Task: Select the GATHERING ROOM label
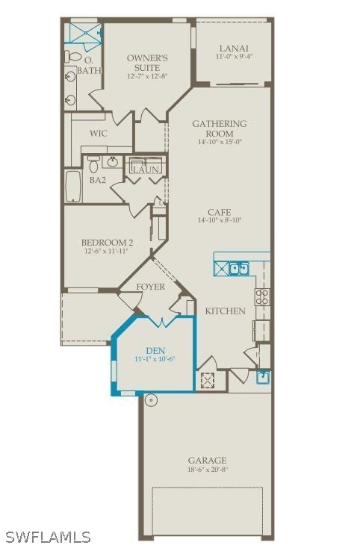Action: click(x=220, y=124)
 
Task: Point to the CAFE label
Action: click(x=220, y=212)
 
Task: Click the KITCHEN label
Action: click(x=225, y=311)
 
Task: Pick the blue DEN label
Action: click(x=155, y=350)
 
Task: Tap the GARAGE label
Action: click(x=207, y=461)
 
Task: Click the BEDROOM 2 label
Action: click(x=107, y=242)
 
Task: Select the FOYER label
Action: click(x=151, y=287)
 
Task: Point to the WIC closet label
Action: click(x=99, y=134)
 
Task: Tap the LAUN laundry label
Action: click(x=146, y=170)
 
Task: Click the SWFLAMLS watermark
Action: click(x=48, y=537)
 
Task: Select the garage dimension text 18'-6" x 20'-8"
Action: click(x=207, y=470)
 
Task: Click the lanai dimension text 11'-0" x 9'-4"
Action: click(x=234, y=56)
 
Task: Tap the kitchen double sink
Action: click(x=239, y=267)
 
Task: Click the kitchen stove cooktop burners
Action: click(x=263, y=297)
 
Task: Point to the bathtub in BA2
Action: click(x=74, y=187)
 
